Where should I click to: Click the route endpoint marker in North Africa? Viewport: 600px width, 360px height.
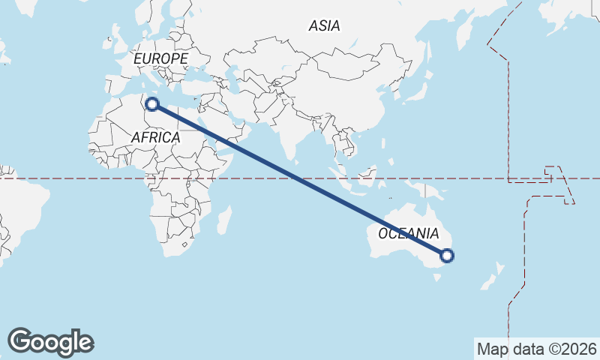coord(152,104)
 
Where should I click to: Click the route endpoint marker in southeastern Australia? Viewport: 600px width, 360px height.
coord(447,256)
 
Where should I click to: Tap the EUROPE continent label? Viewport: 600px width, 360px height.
coord(160,58)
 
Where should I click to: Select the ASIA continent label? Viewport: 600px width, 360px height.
coord(324,25)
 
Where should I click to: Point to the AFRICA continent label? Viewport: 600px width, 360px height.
coord(155,137)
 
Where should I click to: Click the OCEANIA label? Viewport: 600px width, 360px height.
coord(409,233)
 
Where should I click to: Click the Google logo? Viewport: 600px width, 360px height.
coord(51,342)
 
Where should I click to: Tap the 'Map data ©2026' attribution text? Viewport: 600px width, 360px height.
coord(536,349)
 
